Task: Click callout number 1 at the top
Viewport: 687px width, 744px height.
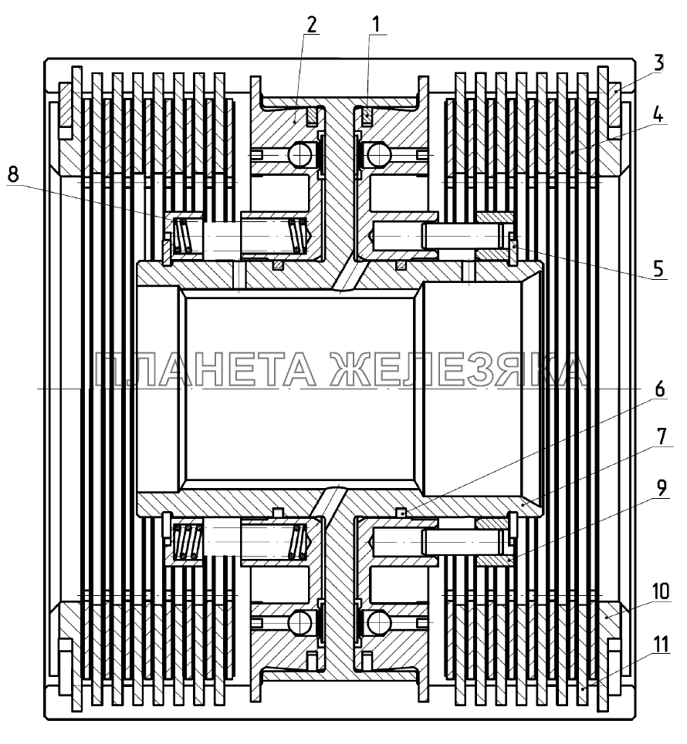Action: (x=376, y=25)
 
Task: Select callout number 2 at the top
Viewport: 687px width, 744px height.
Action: (x=311, y=25)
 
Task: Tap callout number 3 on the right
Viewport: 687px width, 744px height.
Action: (x=658, y=63)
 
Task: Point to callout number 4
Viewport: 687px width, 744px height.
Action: (x=658, y=114)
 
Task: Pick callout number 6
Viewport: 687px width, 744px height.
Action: (x=659, y=389)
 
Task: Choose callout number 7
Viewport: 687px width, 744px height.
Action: (x=662, y=436)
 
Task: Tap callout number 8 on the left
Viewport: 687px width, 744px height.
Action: (x=13, y=174)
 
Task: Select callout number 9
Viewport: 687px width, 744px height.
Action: (x=662, y=488)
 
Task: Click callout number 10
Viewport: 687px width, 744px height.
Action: (x=660, y=591)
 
